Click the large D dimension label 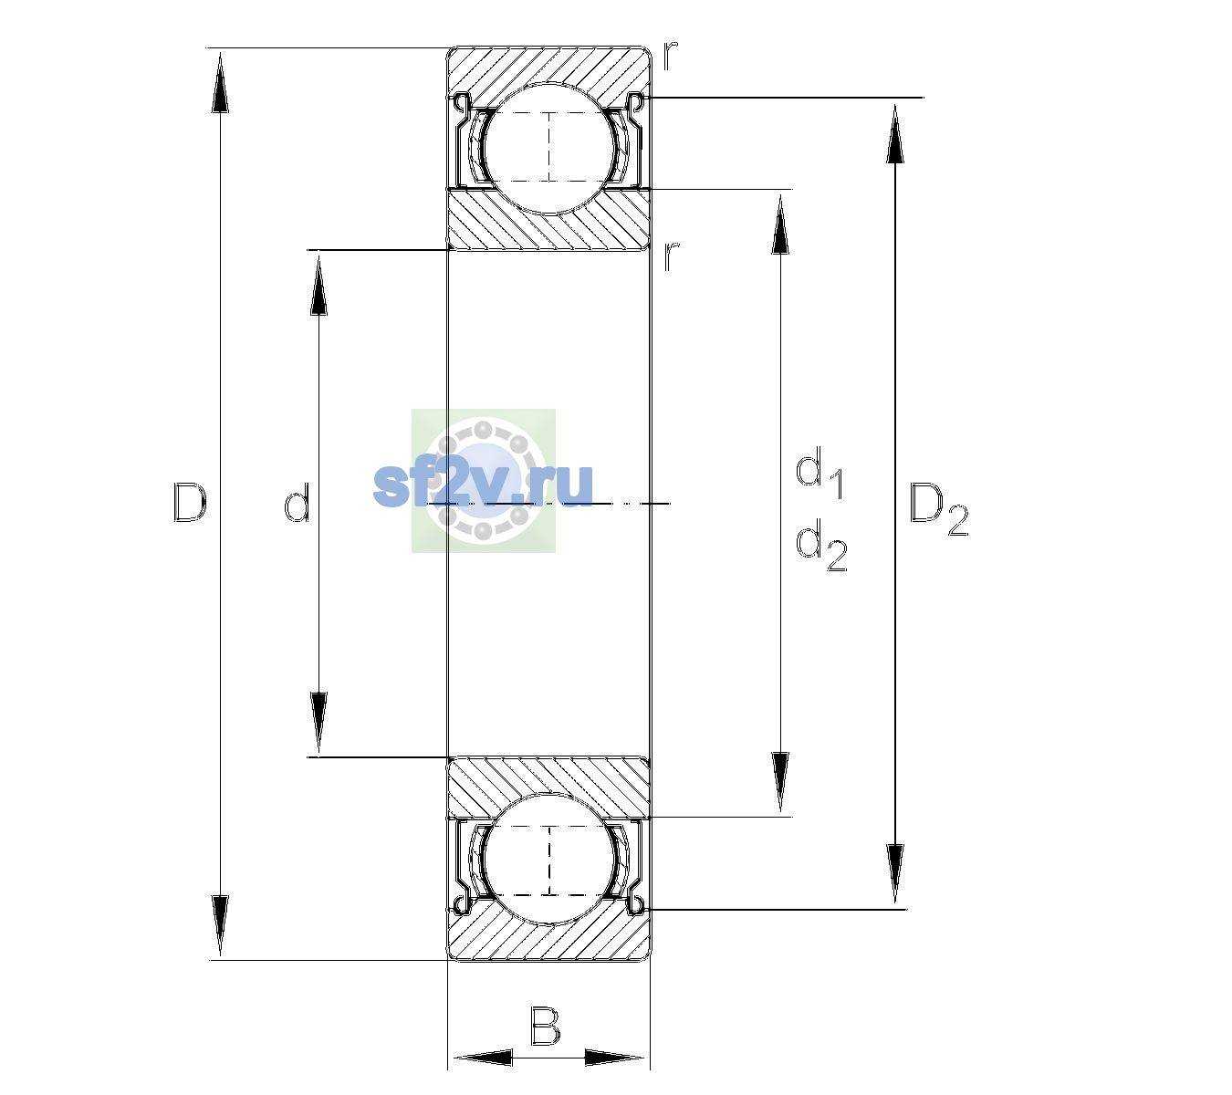[190, 503]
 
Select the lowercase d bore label [298, 503]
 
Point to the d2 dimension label [821, 545]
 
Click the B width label [545, 1026]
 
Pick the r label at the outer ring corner [671, 56]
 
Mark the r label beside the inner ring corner [671, 256]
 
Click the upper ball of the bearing [549, 149]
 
